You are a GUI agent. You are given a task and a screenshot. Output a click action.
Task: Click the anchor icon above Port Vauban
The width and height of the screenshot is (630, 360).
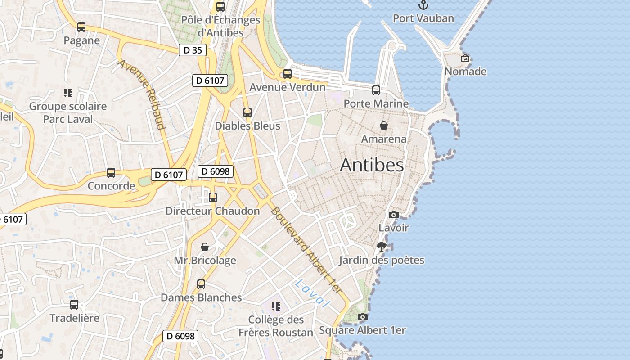click(x=423, y=5)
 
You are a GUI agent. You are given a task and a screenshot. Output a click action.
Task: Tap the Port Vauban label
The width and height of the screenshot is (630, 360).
click(x=423, y=18)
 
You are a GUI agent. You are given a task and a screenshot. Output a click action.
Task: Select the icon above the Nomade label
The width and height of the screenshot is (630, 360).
click(x=465, y=58)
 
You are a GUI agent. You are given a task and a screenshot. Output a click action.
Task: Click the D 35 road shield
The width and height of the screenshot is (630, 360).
click(x=193, y=50)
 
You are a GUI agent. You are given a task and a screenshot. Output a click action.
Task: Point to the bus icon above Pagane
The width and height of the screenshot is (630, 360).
click(x=81, y=27)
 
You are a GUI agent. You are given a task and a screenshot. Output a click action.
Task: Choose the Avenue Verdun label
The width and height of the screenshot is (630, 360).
click(x=287, y=87)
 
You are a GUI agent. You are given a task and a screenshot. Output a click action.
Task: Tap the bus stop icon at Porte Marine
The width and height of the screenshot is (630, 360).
click(x=376, y=90)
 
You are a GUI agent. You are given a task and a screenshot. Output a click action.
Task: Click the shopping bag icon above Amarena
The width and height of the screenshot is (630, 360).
click(x=384, y=126)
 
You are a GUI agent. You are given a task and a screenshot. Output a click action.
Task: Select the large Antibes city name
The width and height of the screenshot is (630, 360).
click(x=372, y=165)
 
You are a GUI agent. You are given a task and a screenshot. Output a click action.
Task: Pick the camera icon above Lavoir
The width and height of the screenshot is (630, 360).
click(x=394, y=215)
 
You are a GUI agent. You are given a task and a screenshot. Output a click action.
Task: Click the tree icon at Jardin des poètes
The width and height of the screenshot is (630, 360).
click(x=382, y=247)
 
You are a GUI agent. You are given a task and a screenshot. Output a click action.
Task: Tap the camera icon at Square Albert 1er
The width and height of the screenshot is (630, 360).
click(x=362, y=317)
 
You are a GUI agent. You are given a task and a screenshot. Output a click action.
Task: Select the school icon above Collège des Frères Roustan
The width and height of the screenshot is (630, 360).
click(x=276, y=306)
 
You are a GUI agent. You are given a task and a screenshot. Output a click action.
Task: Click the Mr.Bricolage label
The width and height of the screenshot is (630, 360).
click(x=205, y=261)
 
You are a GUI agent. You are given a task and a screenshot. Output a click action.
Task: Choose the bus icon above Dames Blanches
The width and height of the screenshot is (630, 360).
click(x=201, y=284)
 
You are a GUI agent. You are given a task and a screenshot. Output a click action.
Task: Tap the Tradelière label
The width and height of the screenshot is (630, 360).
click(x=74, y=318)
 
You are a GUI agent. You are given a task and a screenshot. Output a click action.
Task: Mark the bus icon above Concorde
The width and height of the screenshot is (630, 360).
click(x=111, y=173)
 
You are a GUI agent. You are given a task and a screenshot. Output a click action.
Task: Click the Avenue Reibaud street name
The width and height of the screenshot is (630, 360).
click(x=142, y=94)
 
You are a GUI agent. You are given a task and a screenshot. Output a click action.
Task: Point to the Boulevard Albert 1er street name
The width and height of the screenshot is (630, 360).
click(x=306, y=250)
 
